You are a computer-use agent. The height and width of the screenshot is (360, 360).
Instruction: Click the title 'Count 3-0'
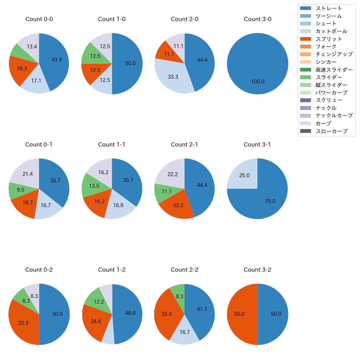(x=258, y=19)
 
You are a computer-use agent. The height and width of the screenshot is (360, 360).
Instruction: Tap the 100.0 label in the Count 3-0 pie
(x=258, y=82)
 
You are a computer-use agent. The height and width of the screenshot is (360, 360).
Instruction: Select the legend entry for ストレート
(x=329, y=8)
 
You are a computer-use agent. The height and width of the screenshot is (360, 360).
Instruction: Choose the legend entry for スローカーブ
(x=331, y=131)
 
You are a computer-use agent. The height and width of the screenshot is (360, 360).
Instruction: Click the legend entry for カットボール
(x=331, y=31)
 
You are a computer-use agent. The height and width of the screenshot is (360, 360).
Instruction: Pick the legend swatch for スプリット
(x=305, y=39)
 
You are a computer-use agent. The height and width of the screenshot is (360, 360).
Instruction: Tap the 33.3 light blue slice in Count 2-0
(x=173, y=77)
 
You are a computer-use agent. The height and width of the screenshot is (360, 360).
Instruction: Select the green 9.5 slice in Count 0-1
(x=21, y=190)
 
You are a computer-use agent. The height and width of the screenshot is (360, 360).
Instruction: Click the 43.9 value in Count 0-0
(x=56, y=60)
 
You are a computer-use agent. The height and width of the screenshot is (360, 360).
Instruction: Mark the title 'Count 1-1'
(x=112, y=145)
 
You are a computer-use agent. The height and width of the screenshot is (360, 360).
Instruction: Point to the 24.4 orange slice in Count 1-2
(x=96, y=322)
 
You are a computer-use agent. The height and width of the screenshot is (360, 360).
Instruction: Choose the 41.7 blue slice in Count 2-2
(x=202, y=309)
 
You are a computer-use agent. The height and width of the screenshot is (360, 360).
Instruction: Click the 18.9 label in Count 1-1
(x=118, y=205)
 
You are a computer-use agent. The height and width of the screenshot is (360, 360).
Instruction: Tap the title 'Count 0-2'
(x=39, y=270)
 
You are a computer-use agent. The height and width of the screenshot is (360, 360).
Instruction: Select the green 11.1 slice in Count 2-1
(x=166, y=192)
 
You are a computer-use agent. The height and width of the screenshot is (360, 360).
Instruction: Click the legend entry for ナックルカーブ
(x=334, y=116)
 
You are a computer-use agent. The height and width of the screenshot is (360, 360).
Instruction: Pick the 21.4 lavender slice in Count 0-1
(x=28, y=174)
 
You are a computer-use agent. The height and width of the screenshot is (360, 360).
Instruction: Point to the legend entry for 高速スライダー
(x=334, y=70)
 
